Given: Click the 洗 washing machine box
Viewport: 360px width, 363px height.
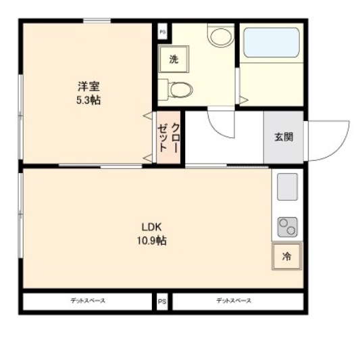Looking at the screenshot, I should point(173,59).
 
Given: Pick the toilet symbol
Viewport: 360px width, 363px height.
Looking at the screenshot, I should point(179,88).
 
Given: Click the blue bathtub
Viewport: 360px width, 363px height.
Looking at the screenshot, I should point(271,42).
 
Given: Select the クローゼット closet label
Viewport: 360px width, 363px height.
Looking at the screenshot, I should point(168,138).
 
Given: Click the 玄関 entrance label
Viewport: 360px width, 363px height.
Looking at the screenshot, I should point(283,136).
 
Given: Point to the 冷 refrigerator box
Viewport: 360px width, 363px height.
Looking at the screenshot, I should point(286,257).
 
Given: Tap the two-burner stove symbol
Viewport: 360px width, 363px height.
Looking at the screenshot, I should point(287,227).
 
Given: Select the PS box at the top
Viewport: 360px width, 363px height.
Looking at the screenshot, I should point(162,31).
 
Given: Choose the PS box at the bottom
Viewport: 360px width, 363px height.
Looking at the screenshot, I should point(162,301).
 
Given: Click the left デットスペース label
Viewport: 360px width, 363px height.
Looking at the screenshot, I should point(88,301).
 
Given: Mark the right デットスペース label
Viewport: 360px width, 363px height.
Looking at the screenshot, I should point(234,301).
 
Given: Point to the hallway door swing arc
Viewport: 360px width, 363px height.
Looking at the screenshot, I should point(221,125).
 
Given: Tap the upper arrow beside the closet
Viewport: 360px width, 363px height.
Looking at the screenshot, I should point(147,116).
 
